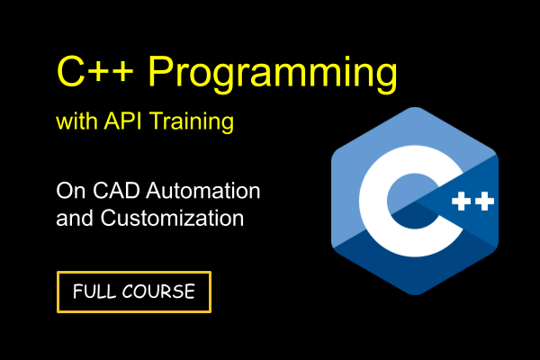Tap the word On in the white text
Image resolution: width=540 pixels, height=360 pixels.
(68, 192)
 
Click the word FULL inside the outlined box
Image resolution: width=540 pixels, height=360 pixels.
(92, 292)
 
